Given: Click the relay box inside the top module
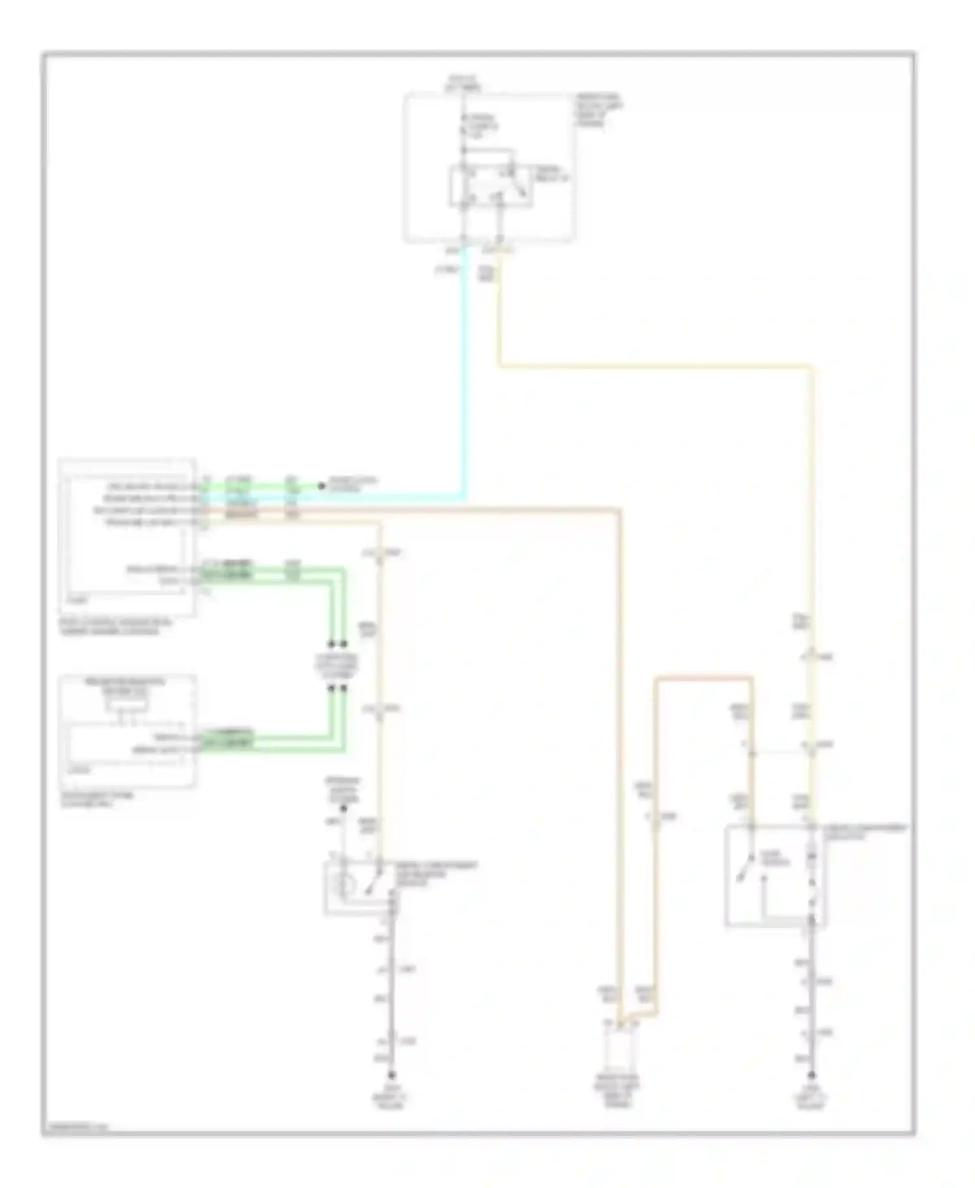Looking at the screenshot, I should point(491,187).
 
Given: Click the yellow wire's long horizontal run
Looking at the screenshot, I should point(656,367).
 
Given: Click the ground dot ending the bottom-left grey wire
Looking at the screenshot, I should point(391,1076).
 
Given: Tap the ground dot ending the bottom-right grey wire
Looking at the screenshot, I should point(811,1076).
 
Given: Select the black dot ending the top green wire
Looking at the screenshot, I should point(320,485).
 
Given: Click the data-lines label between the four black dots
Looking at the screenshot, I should point(337,666).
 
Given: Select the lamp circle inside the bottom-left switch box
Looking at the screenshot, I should point(344,885).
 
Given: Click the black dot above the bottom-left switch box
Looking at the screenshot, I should point(344,808).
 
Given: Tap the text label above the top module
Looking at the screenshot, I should point(463,83).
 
